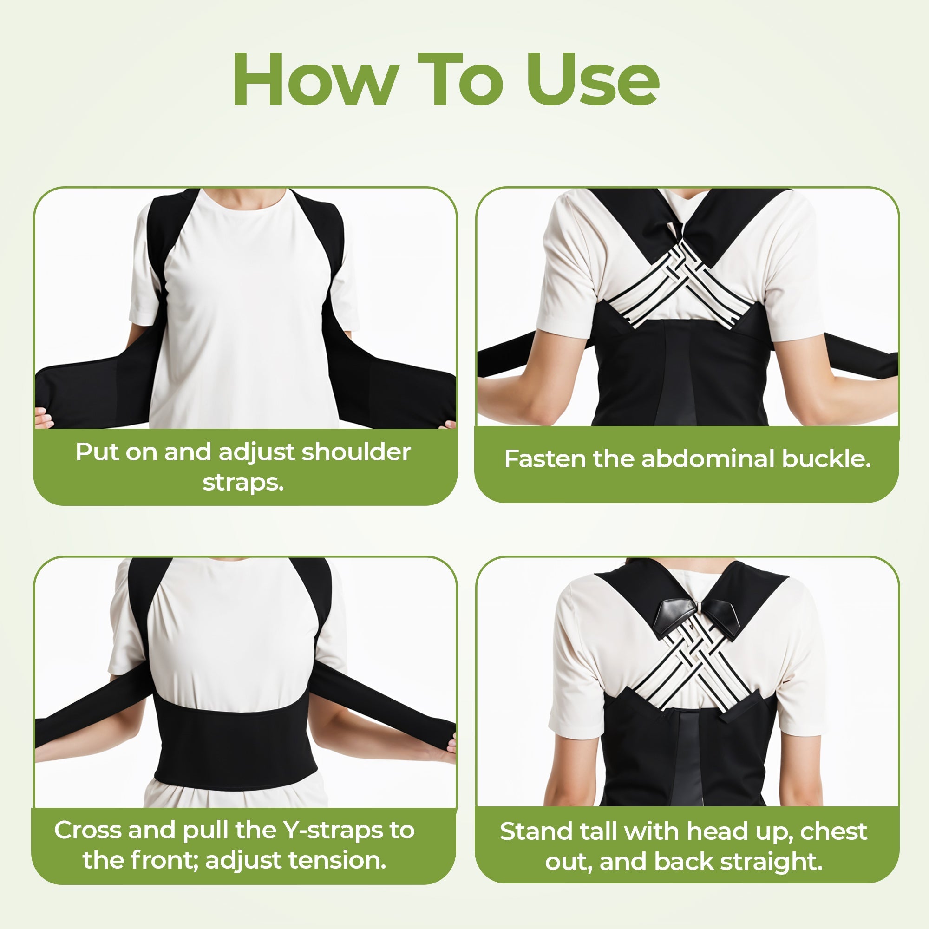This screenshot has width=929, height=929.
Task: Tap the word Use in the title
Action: tap(592, 80)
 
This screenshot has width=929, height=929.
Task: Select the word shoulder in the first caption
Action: tap(356, 452)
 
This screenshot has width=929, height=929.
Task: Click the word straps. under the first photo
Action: tap(243, 482)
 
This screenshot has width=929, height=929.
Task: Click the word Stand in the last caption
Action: tap(536, 831)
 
